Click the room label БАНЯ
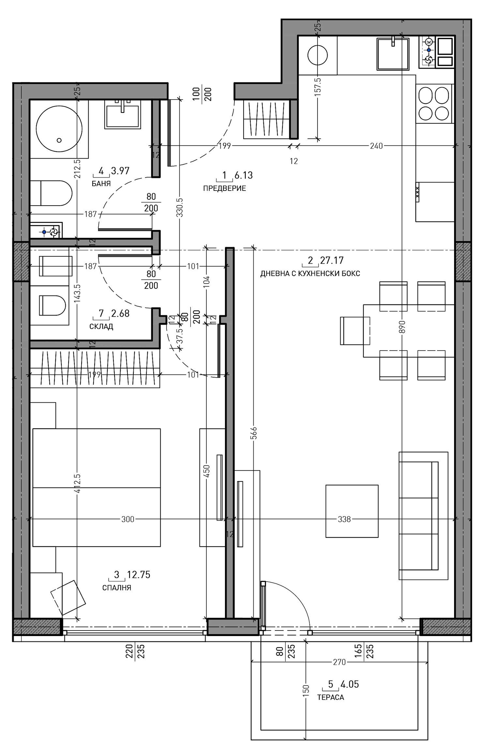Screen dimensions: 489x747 101,184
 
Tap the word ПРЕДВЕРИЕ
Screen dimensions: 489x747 224,188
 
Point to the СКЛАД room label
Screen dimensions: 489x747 101,327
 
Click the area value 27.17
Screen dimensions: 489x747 332,260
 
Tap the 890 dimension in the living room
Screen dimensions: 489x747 402,327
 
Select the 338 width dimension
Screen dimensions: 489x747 344,519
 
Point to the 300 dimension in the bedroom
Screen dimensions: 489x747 128,519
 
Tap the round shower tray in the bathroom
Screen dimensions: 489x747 59,128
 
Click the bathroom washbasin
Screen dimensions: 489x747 123,114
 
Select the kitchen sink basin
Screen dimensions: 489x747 393,54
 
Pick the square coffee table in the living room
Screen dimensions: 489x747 352,511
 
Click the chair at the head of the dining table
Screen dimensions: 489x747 355,331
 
